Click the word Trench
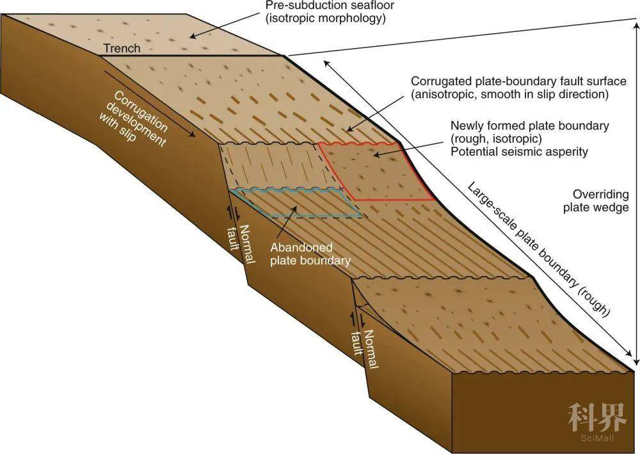[x=122, y=48]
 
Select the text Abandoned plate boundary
[x=310, y=254]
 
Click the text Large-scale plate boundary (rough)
[x=538, y=250]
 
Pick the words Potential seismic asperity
[x=519, y=152]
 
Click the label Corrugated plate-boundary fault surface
[x=509, y=82]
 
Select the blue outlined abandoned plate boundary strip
[x=294, y=202]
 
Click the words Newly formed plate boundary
[x=529, y=126]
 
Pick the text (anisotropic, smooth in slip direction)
[x=509, y=95]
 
